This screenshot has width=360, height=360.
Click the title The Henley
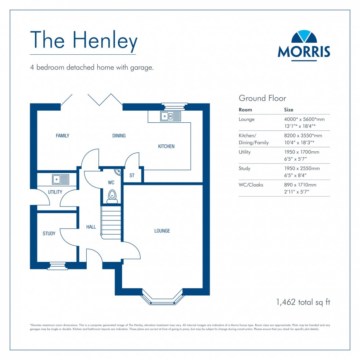[84, 40]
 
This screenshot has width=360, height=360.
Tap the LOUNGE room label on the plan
[162, 231]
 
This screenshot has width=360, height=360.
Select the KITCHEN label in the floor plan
[166, 147]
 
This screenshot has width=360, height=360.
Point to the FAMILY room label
[62, 136]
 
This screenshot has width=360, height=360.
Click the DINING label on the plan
[119, 136]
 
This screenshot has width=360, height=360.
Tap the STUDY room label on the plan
[49, 234]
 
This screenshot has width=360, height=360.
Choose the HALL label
[91, 227]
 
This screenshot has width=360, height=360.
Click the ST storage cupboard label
[132, 176]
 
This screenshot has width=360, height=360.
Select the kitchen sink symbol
[170, 116]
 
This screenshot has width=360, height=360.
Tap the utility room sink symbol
[61, 179]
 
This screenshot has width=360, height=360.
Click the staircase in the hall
[111, 223]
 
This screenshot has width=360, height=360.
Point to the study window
[57, 266]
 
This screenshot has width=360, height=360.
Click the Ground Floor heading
[262, 98]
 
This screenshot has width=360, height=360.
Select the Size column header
[289, 109]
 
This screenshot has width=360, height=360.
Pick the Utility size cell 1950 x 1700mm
[302, 152]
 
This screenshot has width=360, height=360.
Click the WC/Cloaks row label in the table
[251, 185]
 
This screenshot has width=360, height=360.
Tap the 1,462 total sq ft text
[303, 302]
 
